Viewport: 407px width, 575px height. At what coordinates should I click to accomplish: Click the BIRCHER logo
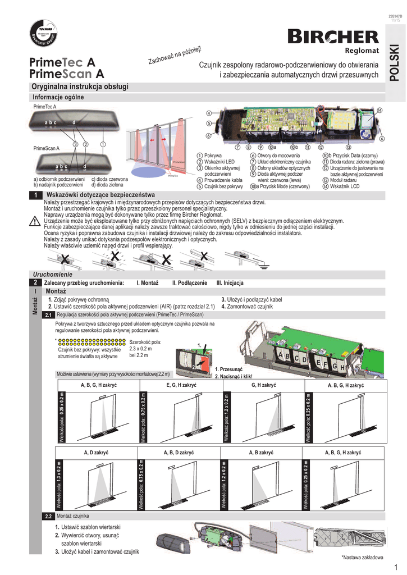point(333,37)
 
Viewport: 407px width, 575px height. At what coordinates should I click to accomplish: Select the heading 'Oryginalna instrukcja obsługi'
point(80,86)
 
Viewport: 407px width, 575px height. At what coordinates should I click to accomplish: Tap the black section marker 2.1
point(49,314)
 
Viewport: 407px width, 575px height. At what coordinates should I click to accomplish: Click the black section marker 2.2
point(49,515)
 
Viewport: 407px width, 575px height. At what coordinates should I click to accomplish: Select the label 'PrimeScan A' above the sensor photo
point(47,148)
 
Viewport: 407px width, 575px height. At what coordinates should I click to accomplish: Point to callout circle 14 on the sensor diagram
point(379,110)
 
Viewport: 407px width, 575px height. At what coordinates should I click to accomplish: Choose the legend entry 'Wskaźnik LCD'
point(345,186)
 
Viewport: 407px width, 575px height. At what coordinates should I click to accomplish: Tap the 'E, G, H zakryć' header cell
point(181,386)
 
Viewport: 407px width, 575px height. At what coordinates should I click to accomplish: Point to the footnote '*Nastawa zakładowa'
point(362,557)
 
